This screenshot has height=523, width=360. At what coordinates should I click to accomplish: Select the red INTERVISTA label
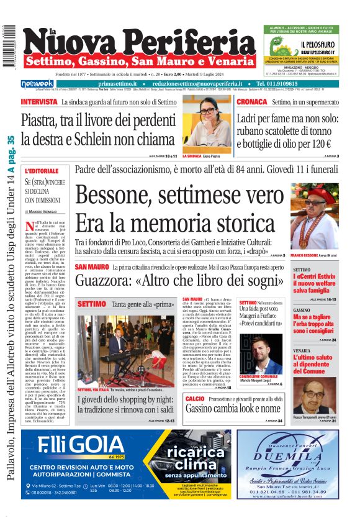click(40, 101)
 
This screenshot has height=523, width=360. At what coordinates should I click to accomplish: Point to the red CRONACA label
click(252, 101)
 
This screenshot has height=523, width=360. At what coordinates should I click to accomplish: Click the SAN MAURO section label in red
click(92, 266)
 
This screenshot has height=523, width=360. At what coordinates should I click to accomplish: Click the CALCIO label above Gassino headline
click(194, 398)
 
